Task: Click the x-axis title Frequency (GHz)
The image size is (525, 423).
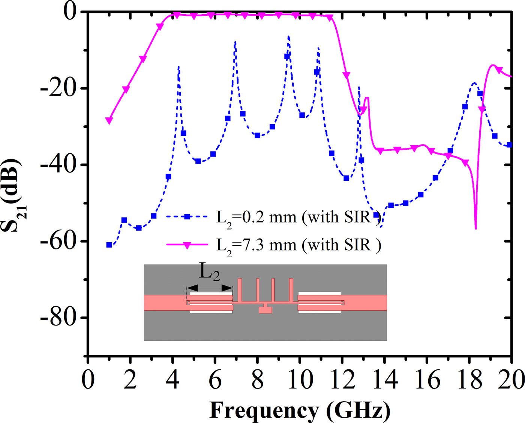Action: point(300,410)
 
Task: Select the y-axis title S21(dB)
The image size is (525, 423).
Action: point(11,195)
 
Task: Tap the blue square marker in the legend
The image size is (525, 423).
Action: point(187,216)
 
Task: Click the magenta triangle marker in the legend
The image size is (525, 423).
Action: point(187,245)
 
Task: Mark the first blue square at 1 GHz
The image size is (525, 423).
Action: point(109,245)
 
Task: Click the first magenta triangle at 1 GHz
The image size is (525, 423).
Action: point(109,120)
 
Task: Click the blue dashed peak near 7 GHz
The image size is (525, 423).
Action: point(235,42)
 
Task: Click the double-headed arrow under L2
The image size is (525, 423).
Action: point(210,288)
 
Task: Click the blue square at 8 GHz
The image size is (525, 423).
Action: point(257,135)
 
